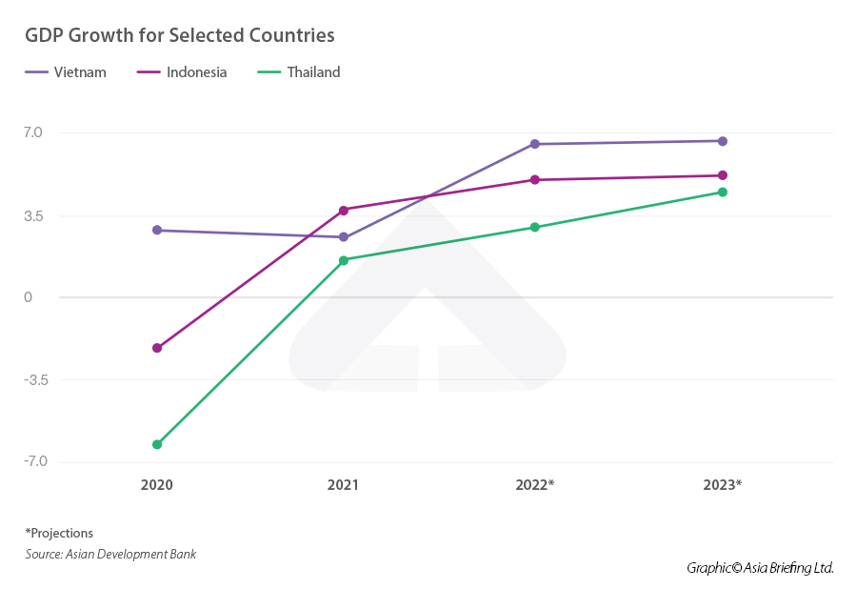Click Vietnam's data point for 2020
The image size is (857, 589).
(x=157, y=230)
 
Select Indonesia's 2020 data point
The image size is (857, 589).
(x=157, y=348)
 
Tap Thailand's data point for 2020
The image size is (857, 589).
(x=157, y=444)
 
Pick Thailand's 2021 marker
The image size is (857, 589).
(x=344, y=260)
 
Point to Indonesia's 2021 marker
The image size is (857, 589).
(x=344, y=210)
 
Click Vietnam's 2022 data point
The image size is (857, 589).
(x=535, y=144)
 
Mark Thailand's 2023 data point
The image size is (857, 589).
(x=723, y=193)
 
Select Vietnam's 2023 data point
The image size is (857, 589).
(x=723, y=141)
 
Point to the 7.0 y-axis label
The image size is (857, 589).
(x=34, y=132)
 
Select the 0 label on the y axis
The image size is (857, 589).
(x=29, y=297)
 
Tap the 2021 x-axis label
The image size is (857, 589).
(x=344, y=485)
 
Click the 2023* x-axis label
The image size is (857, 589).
(x=723, y=485)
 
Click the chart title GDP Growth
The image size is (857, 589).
(x=180, y=35)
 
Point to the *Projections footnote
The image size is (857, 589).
(x=59, y=533)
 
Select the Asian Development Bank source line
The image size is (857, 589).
(x=110, y=554)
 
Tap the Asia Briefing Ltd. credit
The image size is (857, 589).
(x=760, y=568)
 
